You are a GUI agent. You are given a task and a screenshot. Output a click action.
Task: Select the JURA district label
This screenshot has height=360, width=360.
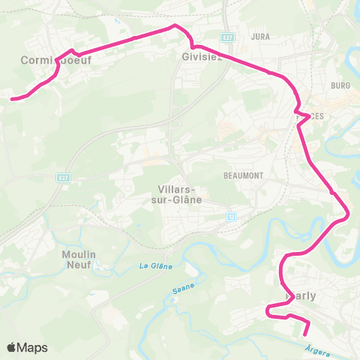pos(261,36)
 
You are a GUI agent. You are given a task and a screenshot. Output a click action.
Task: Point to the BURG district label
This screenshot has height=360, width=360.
pos(340,85)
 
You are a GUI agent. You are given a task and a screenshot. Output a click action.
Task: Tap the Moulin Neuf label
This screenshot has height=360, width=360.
pos(79,259)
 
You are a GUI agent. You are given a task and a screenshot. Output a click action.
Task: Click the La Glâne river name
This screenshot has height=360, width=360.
pos(156,266)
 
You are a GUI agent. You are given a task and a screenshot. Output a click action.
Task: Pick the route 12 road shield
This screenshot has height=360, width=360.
pos(232,216)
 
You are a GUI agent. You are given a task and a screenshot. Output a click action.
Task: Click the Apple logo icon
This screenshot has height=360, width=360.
pos(13,347)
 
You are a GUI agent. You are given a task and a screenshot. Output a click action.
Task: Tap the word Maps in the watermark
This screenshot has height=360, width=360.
pos(34,347)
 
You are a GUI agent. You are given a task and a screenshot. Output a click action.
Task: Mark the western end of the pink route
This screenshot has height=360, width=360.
pos(10,97)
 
